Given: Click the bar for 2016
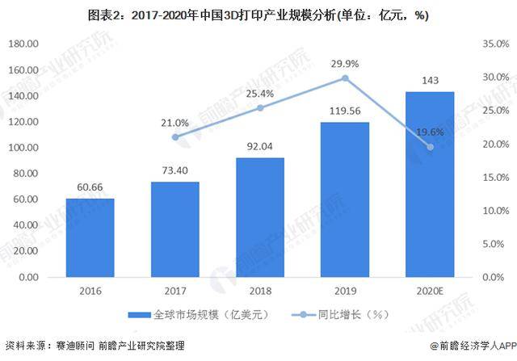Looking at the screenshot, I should [x=90, y=238].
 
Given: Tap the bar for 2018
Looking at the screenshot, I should [x=260, y=217].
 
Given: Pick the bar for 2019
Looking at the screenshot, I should [x=345, y=199].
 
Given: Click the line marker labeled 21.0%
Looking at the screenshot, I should [x=175, y=137].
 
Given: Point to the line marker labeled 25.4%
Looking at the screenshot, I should [x=260, y=107].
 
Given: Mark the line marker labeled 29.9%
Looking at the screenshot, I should [x=345, y=78].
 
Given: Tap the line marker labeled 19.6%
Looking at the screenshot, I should [x=430, y=147].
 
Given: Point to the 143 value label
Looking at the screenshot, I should [x=430, y=82].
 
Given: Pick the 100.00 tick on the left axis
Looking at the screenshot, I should [x=31, y=148].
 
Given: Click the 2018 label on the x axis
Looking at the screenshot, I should [x=260, y=292].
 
